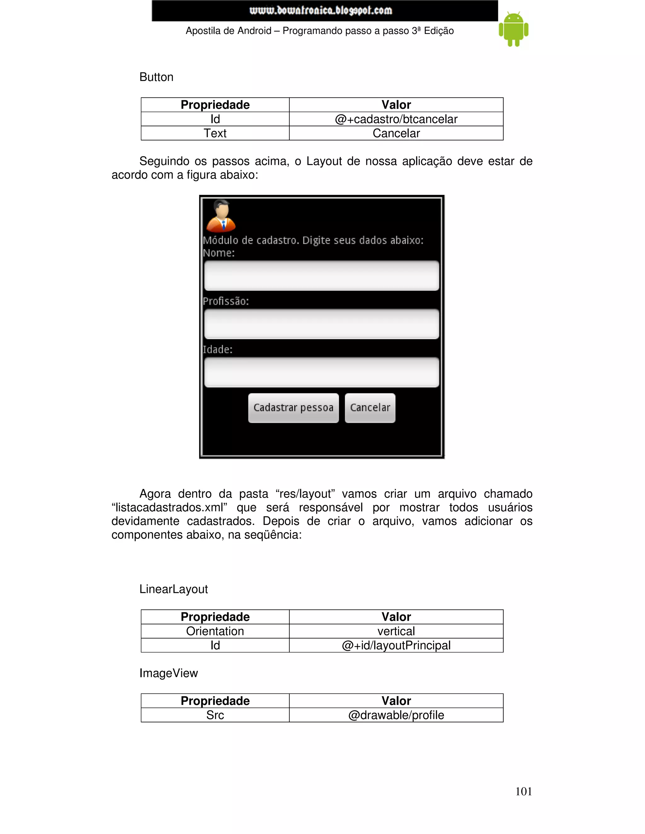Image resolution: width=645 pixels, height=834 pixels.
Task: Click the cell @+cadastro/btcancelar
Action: (x=396, y=119)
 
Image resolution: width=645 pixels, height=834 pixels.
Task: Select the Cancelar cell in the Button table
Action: (x=396, y=133)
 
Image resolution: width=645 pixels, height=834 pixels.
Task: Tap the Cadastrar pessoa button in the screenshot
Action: (x=293, y=408)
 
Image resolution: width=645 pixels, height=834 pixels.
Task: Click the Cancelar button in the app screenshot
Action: (x=369, y=408)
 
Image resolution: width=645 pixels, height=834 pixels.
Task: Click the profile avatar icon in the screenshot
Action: (x=221, y=216)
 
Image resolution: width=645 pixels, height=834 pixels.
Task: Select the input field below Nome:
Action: (x=321, y=275)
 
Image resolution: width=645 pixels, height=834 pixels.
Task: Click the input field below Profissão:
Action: (x=321, y=324)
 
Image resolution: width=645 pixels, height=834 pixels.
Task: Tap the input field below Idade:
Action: (x=321, y=372)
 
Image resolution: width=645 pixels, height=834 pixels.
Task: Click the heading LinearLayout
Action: (x=174, y=589)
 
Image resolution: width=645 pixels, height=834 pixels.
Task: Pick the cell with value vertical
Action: (x=396, y=631)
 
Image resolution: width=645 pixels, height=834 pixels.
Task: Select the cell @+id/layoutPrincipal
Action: (x=396, y=645)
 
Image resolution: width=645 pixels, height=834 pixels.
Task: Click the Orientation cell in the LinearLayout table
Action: (x=215, y=631)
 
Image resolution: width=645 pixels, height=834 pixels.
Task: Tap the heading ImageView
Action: (x=168, y=673)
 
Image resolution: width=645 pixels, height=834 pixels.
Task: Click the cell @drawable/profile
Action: (x=396, y=715)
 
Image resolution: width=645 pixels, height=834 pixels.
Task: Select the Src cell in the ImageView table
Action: (x=215, y=715)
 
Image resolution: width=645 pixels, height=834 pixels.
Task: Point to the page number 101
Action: (x=523, y=792)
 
